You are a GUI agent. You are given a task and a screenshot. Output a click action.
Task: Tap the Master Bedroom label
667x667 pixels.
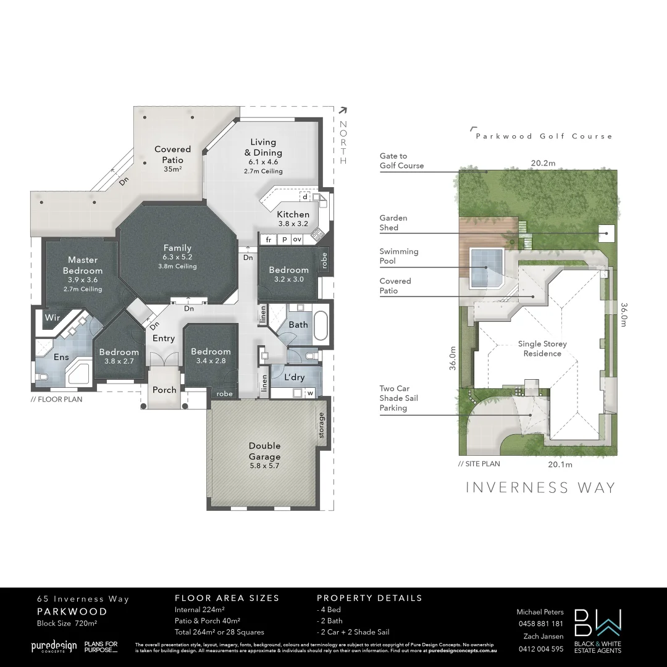click(83, 266)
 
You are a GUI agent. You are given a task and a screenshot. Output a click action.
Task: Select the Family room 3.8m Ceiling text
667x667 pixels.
click(177, 267)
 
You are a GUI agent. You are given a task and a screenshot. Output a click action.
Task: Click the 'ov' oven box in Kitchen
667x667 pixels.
click(297, 240)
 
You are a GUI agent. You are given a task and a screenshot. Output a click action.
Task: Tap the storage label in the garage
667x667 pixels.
click(321, 426)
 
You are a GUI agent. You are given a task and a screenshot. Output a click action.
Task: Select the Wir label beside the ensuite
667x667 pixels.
click(52, 318)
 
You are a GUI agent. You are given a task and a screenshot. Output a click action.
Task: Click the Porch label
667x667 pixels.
click(164, 390)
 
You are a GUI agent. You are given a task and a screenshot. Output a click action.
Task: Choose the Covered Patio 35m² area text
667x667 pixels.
click(173, 169)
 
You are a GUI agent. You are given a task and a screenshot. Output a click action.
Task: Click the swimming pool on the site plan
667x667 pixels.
click(486, 268)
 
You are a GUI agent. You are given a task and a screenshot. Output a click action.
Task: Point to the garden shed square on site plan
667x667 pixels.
click(606, 233)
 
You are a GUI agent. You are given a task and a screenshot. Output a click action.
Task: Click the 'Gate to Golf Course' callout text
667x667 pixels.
click(401, 161)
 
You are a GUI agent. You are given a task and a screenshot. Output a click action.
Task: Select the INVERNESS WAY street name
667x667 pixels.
click(540, 487)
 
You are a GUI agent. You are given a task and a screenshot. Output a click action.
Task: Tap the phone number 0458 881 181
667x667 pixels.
click(540, 624)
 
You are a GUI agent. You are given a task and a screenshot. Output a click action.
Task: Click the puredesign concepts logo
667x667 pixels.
click(54, 647)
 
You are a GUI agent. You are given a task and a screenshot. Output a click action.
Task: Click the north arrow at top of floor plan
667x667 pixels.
click(343, 111)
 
